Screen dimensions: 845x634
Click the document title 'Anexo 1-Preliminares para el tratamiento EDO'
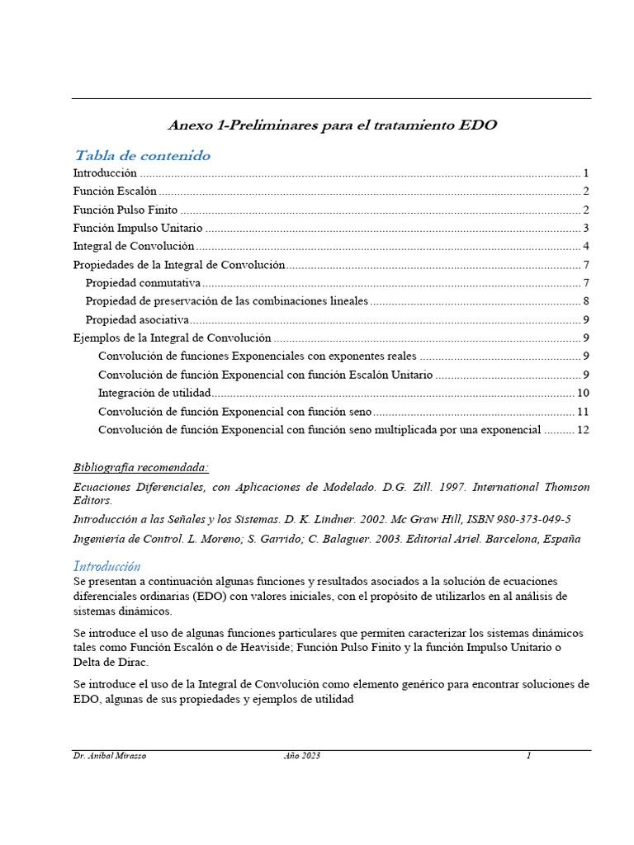(332, 125)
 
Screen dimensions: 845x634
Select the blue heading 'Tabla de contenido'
(142, 155)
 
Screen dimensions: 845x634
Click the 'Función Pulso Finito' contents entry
(125, 210)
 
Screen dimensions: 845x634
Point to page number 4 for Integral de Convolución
(584, 247)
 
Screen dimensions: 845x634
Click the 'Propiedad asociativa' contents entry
(137, 320)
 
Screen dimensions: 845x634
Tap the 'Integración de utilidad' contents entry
(154, 393)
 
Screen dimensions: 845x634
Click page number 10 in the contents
(582, 393)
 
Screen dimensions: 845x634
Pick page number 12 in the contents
(582, 430)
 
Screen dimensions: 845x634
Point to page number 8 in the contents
(584, 301)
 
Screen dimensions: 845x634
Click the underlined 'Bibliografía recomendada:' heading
(140, 467)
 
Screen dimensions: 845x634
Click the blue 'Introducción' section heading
(106, 566)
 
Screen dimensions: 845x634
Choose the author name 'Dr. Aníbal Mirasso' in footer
(110, 756)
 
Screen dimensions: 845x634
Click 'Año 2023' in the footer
(301, 756)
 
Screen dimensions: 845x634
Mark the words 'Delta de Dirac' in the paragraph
(111, 663)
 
